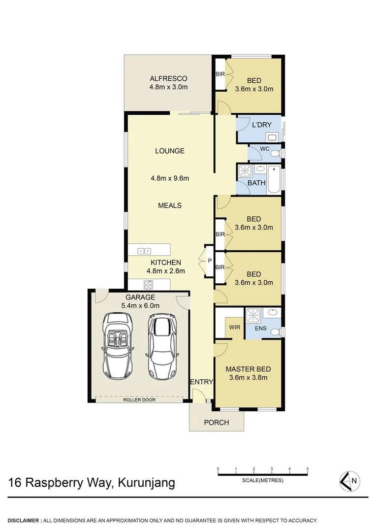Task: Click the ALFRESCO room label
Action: click(x=168, y=79)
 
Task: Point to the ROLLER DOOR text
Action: click(x=139, y=400)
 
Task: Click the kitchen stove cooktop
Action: click(x=149, y=284)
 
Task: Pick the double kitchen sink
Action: click(x=144, y=251)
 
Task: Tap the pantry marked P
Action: click(x=209, y=261)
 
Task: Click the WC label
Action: click(x=264, y=148)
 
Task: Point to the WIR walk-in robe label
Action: click(x=232, y=326)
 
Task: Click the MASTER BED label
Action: click(x=248, y=369)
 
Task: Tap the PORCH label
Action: click(x=217, y=422)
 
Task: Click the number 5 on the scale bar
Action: click(x=308, y=468)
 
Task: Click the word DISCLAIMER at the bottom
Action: click(x=23, y=520)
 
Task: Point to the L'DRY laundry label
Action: click(x=261, y=125)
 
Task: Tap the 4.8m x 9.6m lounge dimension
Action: click(x=169, y=178)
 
